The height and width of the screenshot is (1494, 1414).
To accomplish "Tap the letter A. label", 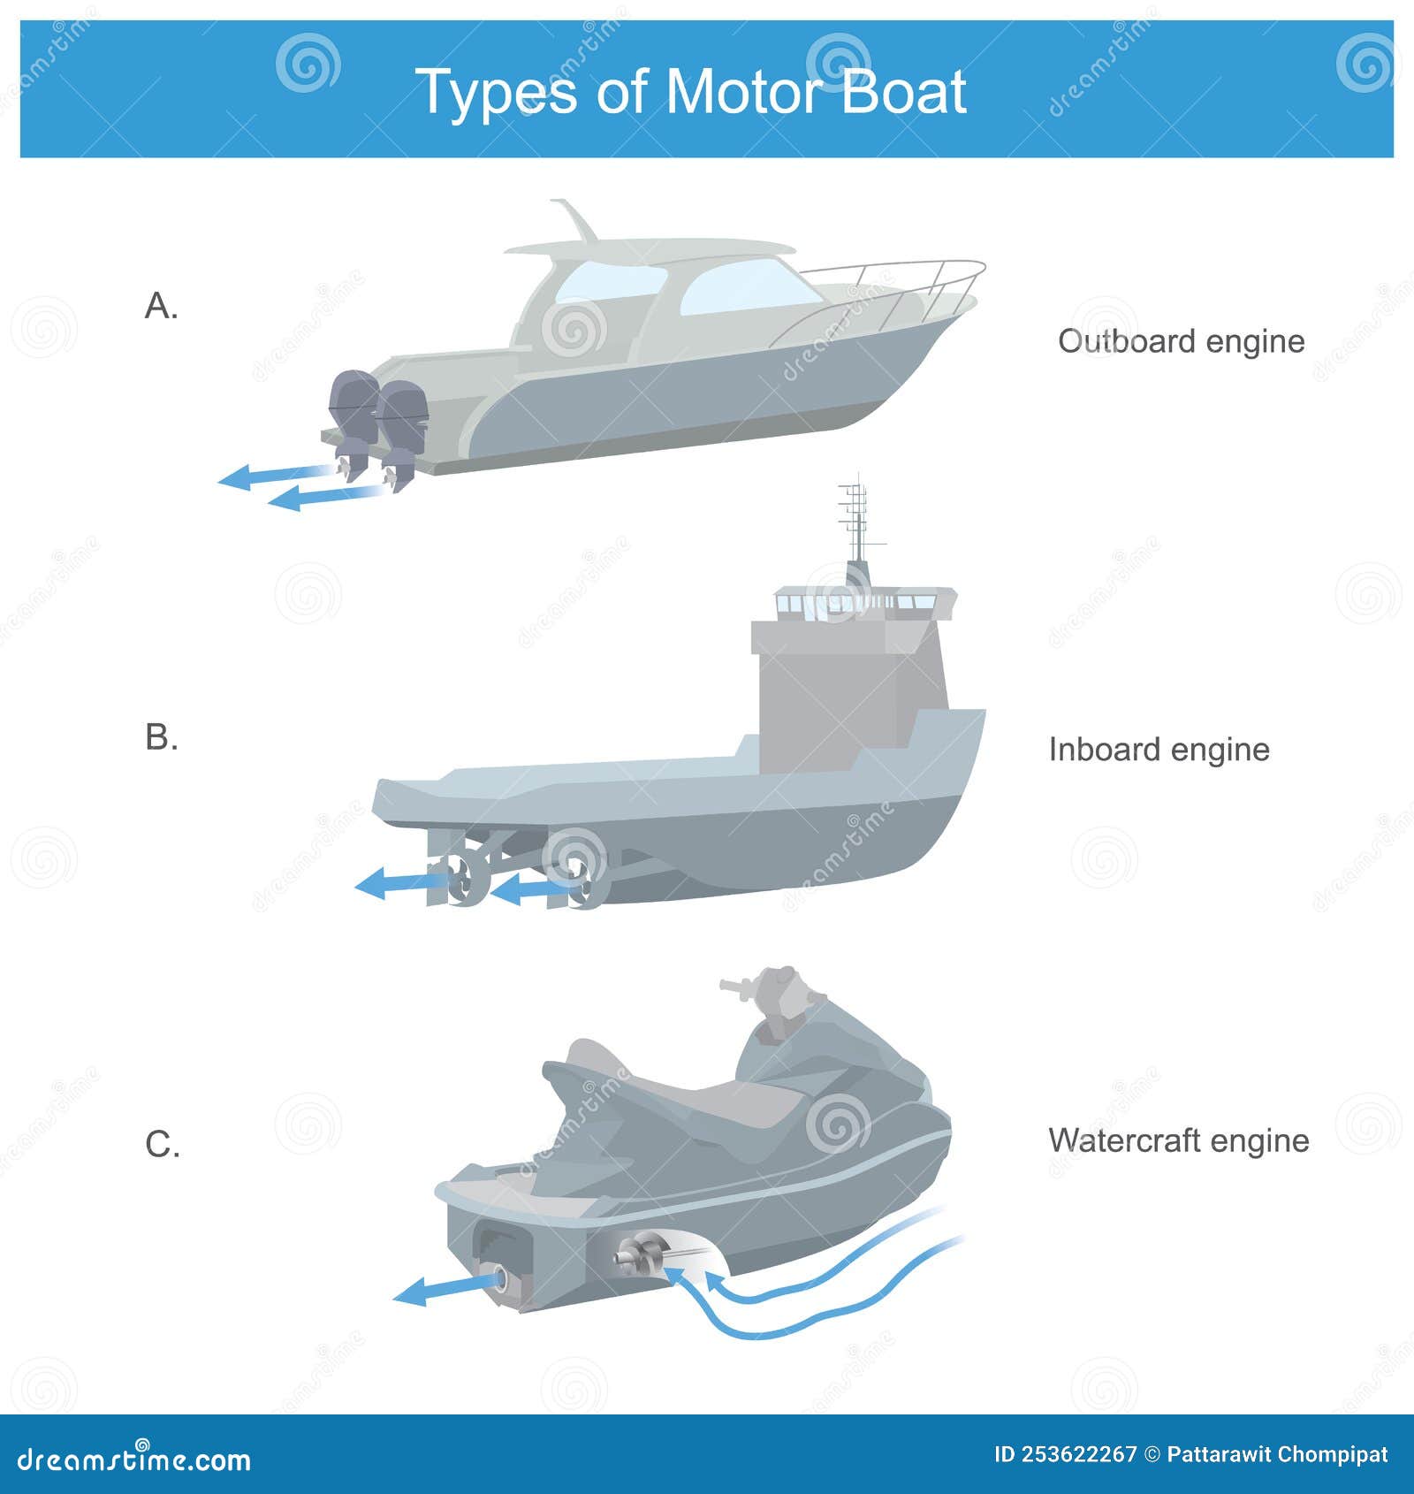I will point(161,307).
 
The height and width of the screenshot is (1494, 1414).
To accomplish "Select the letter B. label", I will point(162,736).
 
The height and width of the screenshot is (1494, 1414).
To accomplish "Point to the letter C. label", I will point(163,1145).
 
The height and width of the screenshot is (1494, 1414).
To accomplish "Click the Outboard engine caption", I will point(1181,341).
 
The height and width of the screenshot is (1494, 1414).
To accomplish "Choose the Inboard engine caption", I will point(1159,750).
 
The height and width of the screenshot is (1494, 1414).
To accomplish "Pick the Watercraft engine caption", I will point(1178,1140).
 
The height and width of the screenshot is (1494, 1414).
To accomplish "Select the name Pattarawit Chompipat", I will point(1277,1454).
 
